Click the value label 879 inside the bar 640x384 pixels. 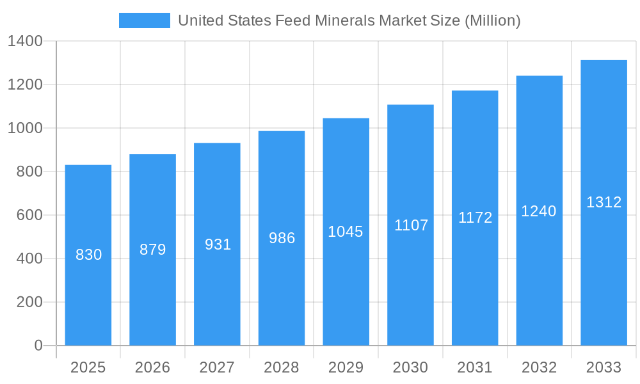point(153,250)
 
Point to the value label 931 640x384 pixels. point(218,244)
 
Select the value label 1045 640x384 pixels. point(346,232)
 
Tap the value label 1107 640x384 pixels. point(411,225)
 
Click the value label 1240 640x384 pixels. point(539,211)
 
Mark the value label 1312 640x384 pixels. point(604,202)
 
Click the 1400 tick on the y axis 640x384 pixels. point(25,41)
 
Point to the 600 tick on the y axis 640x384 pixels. point(29,215)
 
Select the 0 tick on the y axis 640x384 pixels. point(38,346)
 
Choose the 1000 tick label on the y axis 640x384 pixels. point(25,128)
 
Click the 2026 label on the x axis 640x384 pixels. point(153,367)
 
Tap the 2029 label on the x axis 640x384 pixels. point(346,367)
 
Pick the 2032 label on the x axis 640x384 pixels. point(539,367)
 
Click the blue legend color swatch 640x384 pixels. point(145,20)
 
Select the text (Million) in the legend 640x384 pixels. point(492,20)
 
